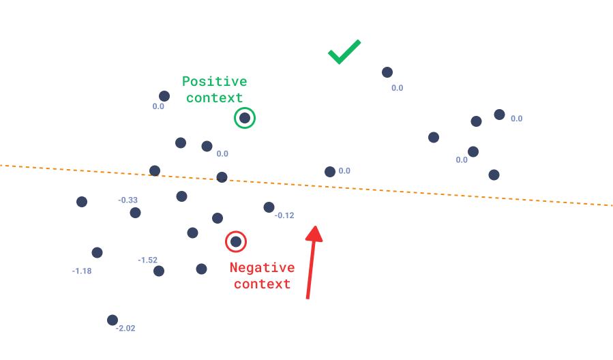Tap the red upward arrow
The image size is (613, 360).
(312, 262)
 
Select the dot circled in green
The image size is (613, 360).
(245, 118)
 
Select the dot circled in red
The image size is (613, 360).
(236, 242)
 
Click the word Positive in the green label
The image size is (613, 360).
(215, 81)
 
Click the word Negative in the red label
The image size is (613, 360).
(263, 267)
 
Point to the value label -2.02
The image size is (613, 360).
(125, 329)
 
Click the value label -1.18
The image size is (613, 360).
(82, 271)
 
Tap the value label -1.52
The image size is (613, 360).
(147, 260)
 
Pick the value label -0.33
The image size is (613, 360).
(128, 200)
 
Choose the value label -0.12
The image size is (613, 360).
(284, 215)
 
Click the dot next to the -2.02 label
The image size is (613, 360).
(113, 320)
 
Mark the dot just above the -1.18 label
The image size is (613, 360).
(97, 252)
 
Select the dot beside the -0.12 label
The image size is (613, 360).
(269, 207)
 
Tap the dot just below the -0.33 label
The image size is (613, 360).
(135, 213)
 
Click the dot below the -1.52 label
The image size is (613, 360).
(159, 271)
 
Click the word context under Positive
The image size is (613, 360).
(215, 97)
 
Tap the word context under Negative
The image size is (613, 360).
(263, 284)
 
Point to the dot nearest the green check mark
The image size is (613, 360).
(387, 72)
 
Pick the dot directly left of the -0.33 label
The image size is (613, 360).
(82, 202)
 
